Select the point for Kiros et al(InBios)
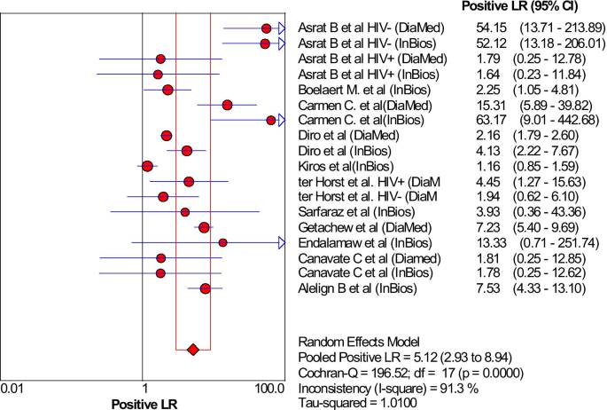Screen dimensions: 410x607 [147, 166]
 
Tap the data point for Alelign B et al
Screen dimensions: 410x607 [206, 288]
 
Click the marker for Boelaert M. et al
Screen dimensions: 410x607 [167, 90]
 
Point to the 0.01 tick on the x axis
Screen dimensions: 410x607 [12, 388]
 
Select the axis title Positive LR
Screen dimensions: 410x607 [144, 403]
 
